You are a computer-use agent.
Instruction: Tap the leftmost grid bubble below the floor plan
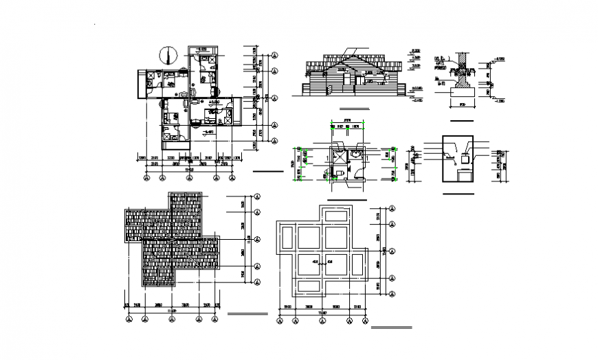click(x=146, y=178)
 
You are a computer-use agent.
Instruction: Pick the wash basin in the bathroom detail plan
click(x=355, y=155)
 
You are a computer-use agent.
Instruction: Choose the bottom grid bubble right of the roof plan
click(x=257, y=283)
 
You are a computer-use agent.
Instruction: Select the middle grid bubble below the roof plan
click(x=172, y=318)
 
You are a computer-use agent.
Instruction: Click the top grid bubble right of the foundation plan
click(x=392, y=207)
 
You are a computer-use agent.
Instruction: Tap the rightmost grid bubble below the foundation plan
click(x=364, y=319)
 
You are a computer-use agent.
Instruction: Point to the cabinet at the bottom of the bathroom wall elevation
click(x=465, y=176)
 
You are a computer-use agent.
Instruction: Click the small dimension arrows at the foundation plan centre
click(x=323, y=262)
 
